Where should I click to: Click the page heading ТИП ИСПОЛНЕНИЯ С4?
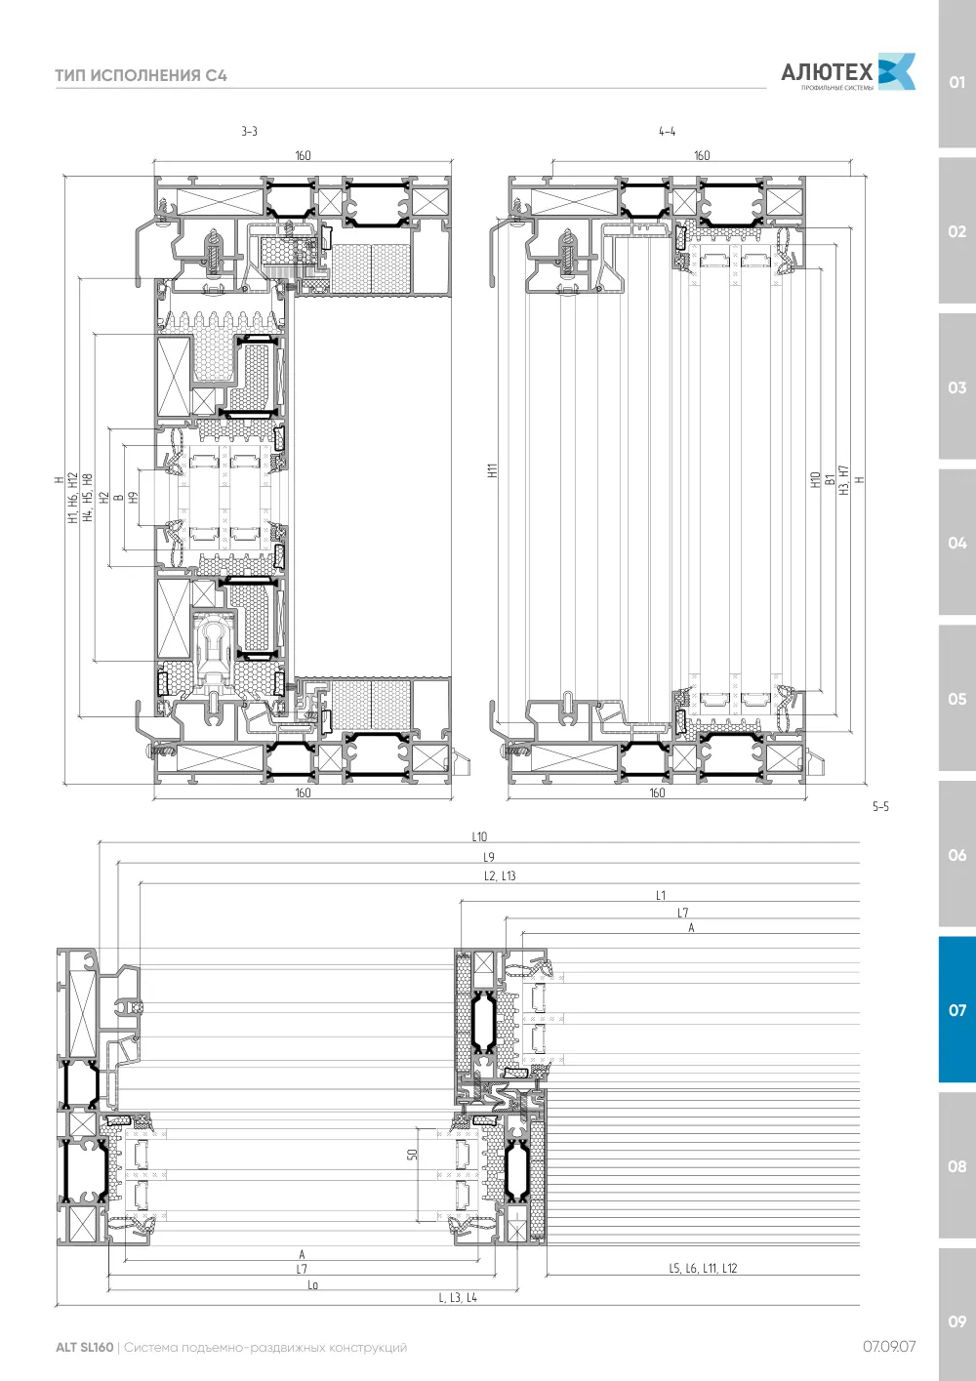pos(142,75)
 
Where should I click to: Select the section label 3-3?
pos(249,131)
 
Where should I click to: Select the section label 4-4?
pos(668,131)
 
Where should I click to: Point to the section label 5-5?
pos(880,806)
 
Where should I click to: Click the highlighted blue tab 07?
pos(956,1010)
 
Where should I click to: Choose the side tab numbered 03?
pos(956,387)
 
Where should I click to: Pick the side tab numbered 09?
pos(956,1321)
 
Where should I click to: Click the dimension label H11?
pos(492,470)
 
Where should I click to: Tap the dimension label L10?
pos(479,836)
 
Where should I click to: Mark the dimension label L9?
pos(488,857)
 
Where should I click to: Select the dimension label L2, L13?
pos(500,876)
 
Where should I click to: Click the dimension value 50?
pos(413,1155)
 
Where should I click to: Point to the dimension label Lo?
pos(312,1285)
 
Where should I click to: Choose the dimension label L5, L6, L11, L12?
pos(703,1268)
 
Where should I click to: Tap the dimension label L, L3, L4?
pos(458,1298)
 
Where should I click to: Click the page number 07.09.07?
pos(889,1347)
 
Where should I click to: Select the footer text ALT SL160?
pos(85,1347)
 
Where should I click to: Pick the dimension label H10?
pos(815,480)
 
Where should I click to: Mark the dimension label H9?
pos(133,497)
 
